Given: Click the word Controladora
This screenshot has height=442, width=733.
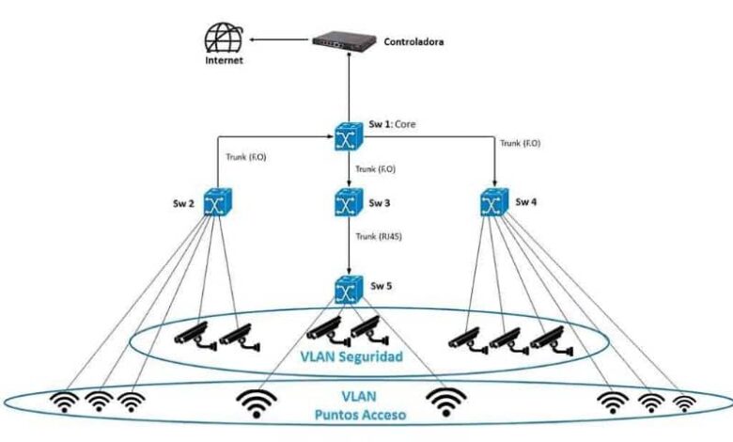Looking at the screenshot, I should pyautogui.click(x=415, y=42).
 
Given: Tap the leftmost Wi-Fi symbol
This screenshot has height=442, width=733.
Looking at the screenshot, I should pyautogui.click(x=66, y=403).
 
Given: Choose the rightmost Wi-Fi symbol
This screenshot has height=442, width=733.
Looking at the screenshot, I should pyautogui.click(x=685, y=403).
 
